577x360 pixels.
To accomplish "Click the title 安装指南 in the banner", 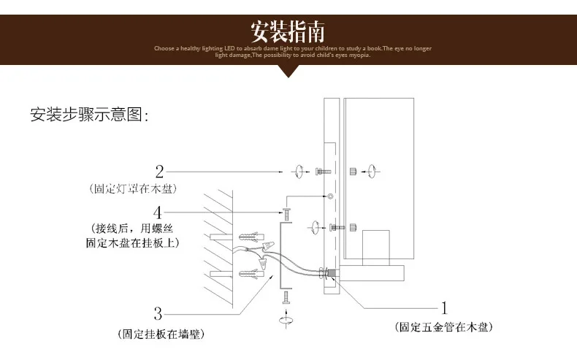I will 288,32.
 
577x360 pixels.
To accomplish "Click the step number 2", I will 159,172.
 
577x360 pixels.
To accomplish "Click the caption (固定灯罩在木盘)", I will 133,188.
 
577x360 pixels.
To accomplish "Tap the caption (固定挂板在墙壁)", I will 160,334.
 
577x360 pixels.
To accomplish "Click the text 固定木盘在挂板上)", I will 134,240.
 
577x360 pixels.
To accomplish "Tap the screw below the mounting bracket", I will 284,297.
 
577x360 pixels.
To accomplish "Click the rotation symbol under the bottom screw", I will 283,319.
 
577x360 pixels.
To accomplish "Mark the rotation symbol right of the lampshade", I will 373,172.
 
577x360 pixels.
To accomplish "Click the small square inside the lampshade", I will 376,247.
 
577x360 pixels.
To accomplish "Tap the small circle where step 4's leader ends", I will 331,197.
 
